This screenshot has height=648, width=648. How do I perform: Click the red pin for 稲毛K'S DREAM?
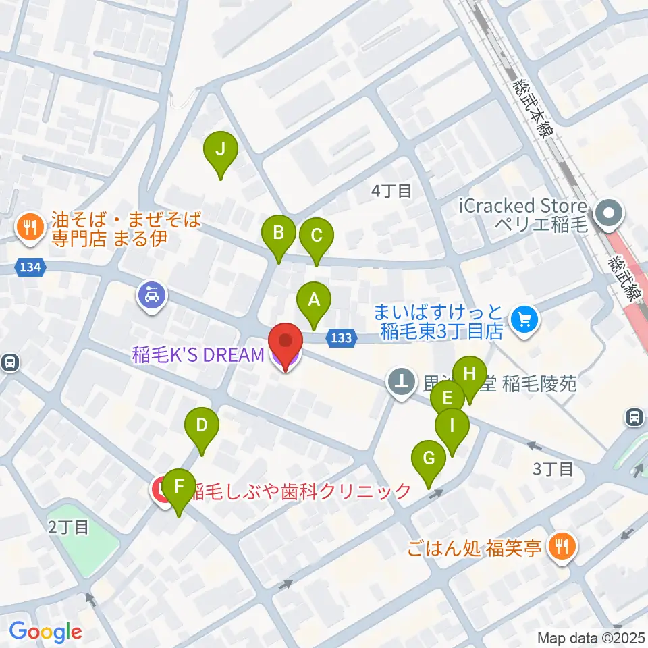click(x=286, y=344)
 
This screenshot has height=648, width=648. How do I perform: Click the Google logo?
click(x=45, y=632)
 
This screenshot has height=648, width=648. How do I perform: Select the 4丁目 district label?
click(x=391, y=191)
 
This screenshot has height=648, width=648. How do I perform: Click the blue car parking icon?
click(x=152, y=296)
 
